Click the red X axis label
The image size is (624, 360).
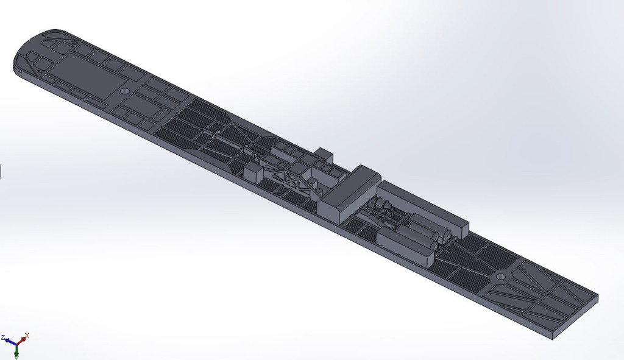[x=27, y=335]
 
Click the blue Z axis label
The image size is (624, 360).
[x=3, y=337]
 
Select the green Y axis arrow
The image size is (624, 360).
[x=16, y=350]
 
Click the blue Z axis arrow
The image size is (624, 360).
[x=10, y=341]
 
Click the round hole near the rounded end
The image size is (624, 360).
[x=126, y=91]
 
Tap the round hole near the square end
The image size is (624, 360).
[x=500, y=276]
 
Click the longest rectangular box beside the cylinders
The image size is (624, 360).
[x=423, y=208]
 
